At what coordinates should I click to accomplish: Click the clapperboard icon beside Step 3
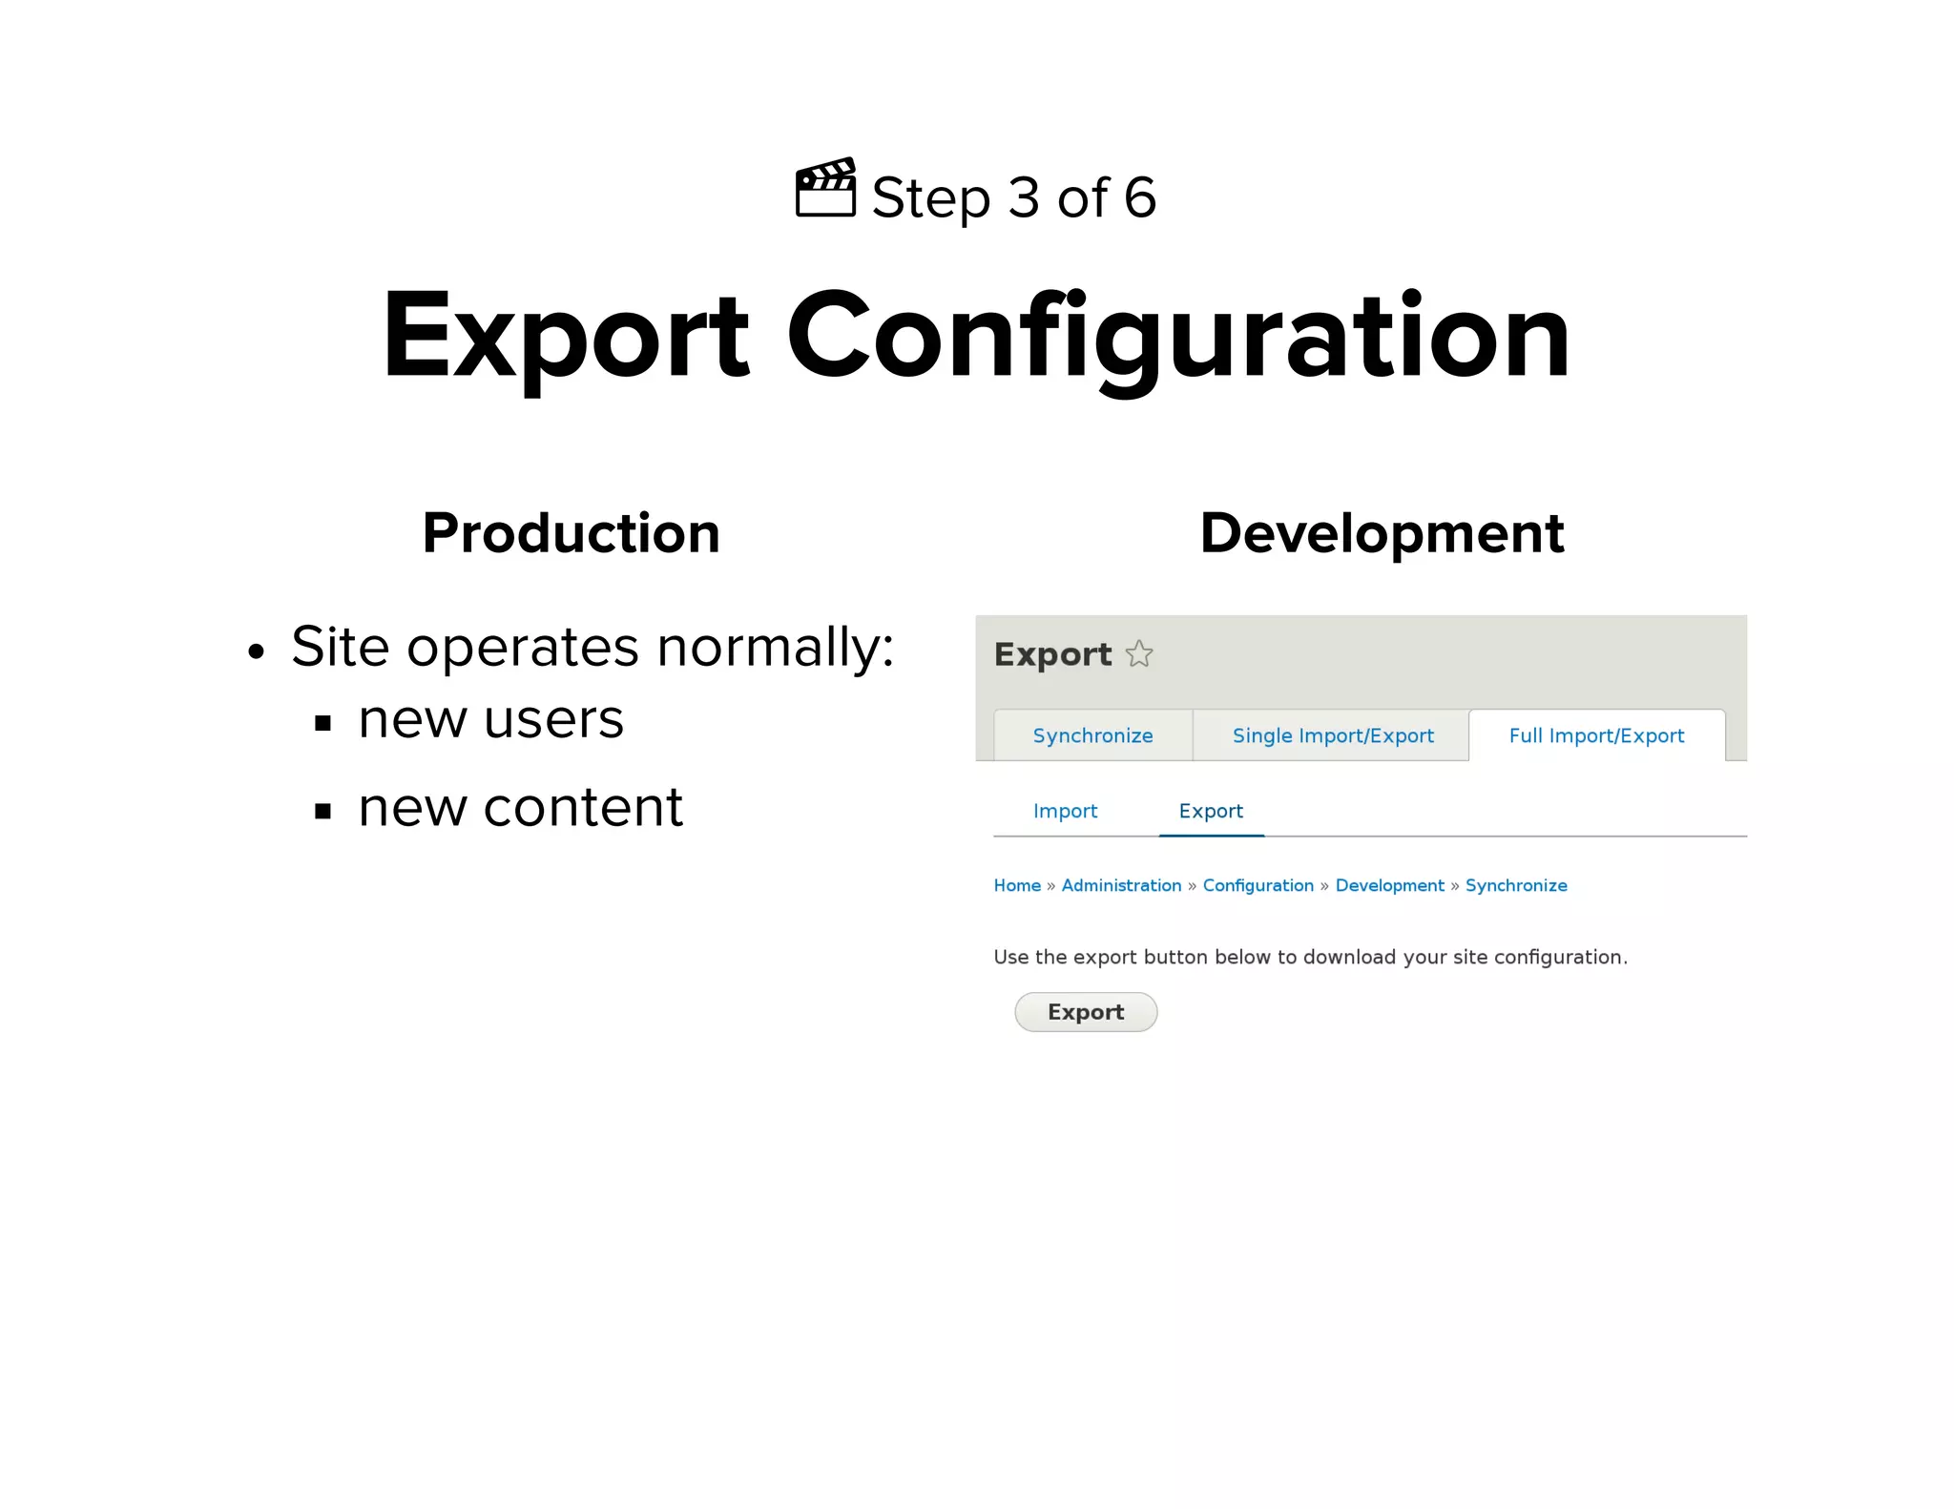point(825,189)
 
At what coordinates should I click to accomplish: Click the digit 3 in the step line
point(1024,197)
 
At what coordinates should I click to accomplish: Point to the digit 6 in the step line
point(1139,197)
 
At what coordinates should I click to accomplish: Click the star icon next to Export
point(1139,654)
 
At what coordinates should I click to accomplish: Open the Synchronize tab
point(1092,735)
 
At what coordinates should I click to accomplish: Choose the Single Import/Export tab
point(1332,735)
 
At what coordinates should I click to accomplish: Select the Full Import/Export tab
point(1596,735)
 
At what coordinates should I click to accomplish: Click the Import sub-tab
point(1065,811)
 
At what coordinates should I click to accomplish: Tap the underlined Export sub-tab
point(1211,811)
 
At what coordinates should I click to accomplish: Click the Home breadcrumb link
point(1017,885)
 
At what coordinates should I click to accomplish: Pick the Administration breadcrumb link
point(1121,885)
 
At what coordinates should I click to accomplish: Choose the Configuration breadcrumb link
point(1258,885)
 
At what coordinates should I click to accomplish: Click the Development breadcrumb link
point(1389,885)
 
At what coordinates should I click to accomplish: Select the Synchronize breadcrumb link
point(1516,885)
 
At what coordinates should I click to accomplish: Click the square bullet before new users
point(323,723)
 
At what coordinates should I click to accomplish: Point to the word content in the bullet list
point(583,808)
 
